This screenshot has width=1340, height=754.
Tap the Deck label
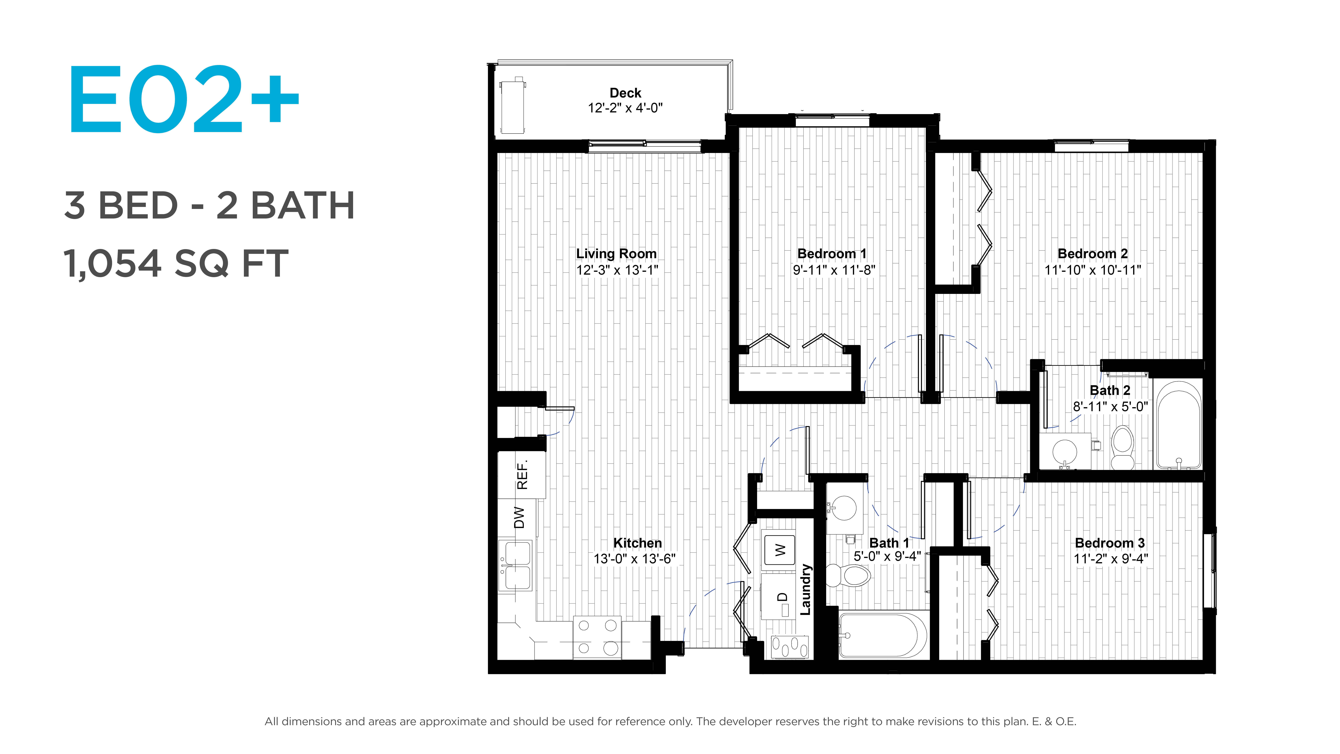625,93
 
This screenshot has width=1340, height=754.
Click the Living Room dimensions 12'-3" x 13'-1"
617,270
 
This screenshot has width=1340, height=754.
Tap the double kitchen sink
515,565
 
